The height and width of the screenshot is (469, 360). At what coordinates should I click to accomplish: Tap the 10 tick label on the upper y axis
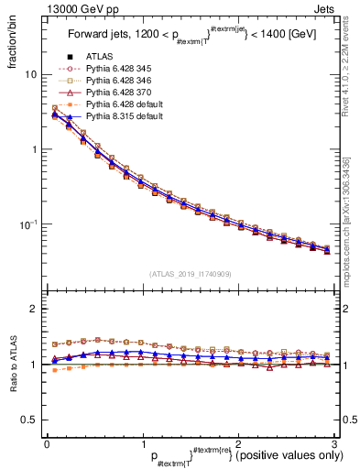tap(29, 74)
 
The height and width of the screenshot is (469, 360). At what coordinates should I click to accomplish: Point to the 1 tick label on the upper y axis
tap(33, 149)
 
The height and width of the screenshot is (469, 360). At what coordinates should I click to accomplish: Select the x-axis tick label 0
tap(47, 444)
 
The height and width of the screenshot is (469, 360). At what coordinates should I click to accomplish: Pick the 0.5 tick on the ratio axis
tap(28, 420)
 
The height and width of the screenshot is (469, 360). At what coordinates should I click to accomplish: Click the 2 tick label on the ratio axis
tap(33, 309)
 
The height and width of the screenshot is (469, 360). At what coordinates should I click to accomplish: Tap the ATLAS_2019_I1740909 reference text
tap(190, 274)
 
